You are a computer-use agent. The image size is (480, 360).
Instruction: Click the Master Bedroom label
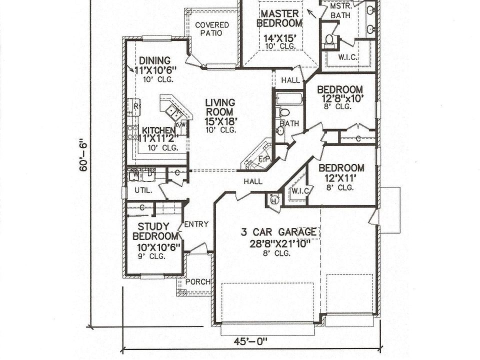(279, 18)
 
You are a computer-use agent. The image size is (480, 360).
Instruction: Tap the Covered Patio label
(212, 29)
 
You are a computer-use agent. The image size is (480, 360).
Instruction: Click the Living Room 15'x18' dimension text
(220, 120)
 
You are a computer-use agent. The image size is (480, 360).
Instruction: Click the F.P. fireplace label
(264, 159)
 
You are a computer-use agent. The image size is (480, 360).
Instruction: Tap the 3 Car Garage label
(278, 232)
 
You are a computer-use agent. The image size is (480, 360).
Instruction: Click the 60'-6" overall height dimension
(83, 155)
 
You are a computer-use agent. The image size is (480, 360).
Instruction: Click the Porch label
(197, 281)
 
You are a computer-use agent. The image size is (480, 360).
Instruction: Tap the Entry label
(196, 224)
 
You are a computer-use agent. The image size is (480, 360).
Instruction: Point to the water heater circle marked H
(273, 200)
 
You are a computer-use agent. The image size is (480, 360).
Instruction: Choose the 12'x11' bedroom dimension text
(341, 178)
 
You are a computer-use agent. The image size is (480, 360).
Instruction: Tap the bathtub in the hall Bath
(289, 98)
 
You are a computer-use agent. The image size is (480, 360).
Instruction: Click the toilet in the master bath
(329, 39)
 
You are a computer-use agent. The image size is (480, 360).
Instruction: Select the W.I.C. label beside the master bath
(347, 57)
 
